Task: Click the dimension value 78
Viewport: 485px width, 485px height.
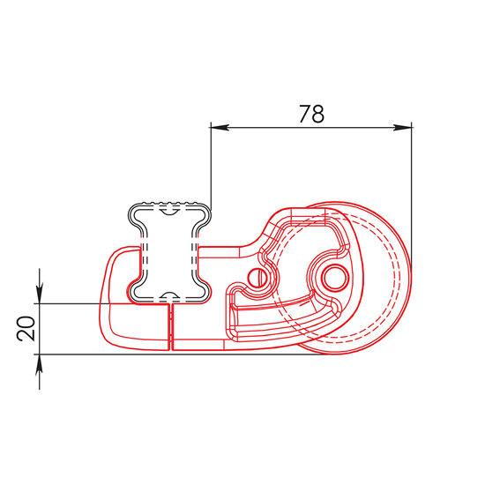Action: (312, 114)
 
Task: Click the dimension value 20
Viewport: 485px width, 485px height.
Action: (26, 329)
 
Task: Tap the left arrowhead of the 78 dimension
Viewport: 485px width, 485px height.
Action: (220, 128)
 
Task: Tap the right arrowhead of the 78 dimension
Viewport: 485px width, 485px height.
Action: (402, 128)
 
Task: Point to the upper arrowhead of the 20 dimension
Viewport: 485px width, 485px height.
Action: (40, 294)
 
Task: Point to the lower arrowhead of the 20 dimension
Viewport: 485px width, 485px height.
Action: (40, 364)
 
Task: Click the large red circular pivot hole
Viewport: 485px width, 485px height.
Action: (335, 278)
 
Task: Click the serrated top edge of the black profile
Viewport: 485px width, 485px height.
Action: (170, 203)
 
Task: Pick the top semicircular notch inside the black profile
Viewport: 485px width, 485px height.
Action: (170, 212)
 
